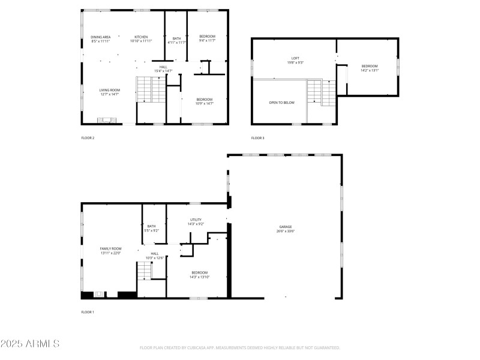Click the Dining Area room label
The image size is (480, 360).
(101, 37)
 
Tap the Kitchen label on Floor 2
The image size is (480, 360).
(141, 37)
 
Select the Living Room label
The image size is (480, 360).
(110, 90)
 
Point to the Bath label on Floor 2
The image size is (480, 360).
(177, 38)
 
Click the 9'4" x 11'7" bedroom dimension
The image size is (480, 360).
(207, 41)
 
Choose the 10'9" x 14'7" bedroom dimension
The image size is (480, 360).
(205, 103)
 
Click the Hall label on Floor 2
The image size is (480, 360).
(163, 67)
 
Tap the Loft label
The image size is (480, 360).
(295, 58)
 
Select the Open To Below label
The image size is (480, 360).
(281, 103)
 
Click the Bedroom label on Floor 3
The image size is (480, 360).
(370, 66)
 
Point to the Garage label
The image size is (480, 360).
(284, 227)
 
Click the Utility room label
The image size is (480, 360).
(196, 220)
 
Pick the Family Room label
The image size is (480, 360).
(110, 248)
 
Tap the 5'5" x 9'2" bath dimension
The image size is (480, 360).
(151, 230)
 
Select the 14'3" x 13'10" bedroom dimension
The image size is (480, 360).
(199, 276)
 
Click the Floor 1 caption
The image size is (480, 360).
(88, 312)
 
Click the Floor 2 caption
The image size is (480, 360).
(88, 138)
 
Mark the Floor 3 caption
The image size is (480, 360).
(257, 138)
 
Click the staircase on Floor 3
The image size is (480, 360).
(322, 93)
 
